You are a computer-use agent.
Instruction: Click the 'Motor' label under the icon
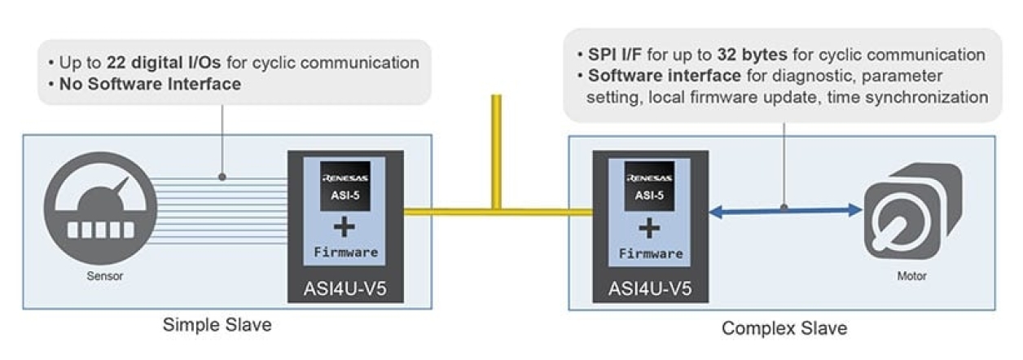coord(911,276)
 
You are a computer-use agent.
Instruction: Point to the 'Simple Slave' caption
coord(217,327)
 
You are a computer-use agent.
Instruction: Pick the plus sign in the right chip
coord(649,228)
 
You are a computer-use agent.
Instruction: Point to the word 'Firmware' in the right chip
coord(649,253)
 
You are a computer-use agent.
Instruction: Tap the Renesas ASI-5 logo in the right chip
coord(649,187)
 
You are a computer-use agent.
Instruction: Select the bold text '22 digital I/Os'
coord(163,63)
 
